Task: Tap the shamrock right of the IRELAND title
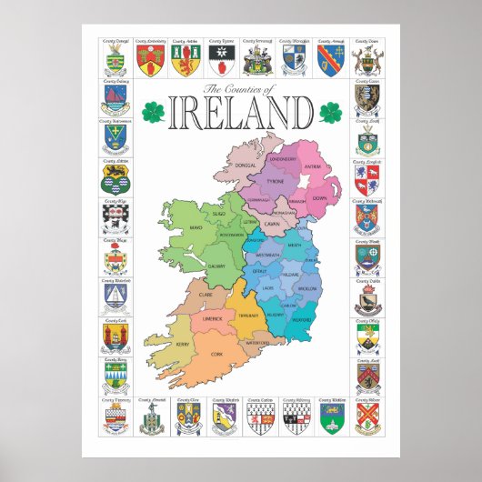(329, 114)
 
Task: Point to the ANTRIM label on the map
(312, 166)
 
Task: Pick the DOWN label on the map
(318, 197)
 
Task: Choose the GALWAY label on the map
(216, 266)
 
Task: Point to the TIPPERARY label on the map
(249, 314)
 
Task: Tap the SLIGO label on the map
(219, 212)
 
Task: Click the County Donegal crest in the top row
(115, 59)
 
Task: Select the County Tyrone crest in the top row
(223, 59)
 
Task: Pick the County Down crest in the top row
(367, 59)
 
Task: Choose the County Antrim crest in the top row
(186, 59)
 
